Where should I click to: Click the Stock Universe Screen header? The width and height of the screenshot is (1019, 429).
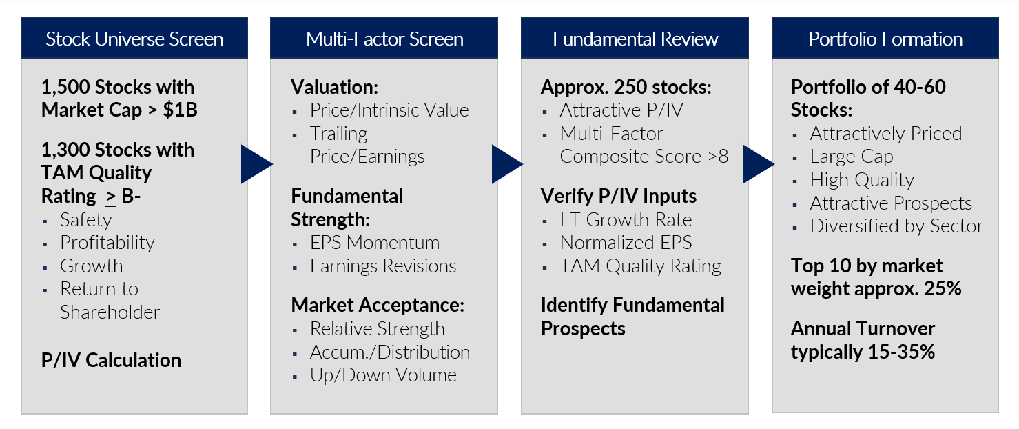pyautogui.click(x=134, y=39)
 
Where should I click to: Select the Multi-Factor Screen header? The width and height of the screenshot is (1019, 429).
pyautogui.click(x=384, y=39)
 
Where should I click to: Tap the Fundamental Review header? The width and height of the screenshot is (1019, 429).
pyautogui.click(x=635, y=39)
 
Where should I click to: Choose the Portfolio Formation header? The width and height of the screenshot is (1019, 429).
pyautogui.click(x=885, y=39)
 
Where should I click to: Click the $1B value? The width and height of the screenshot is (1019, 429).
pyautogui.click(x=180, y=110)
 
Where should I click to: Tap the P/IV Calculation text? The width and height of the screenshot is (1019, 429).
pyautogui.click(x=111, y=360)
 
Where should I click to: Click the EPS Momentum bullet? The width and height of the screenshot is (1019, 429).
pyautogui.click(x=375, y=243)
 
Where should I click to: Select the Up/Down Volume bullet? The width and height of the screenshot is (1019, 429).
pyautogui.click(x=383, y=375)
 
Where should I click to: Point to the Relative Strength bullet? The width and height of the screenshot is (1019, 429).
pyautogui.click(x=377, y=329)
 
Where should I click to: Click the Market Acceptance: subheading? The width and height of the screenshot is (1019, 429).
pyautogui.click(x=378, y=305)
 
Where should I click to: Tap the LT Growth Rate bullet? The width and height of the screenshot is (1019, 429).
pyautogui.click(x=626, y=220)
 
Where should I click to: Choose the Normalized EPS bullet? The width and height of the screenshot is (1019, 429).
pyautogui.click(x=626, y=243)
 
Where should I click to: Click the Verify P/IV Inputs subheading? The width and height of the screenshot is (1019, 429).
pyautogui.click(x=619, y=197)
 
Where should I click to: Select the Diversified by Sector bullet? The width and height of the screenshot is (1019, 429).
pyautogui.click(x=896, y=226)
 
